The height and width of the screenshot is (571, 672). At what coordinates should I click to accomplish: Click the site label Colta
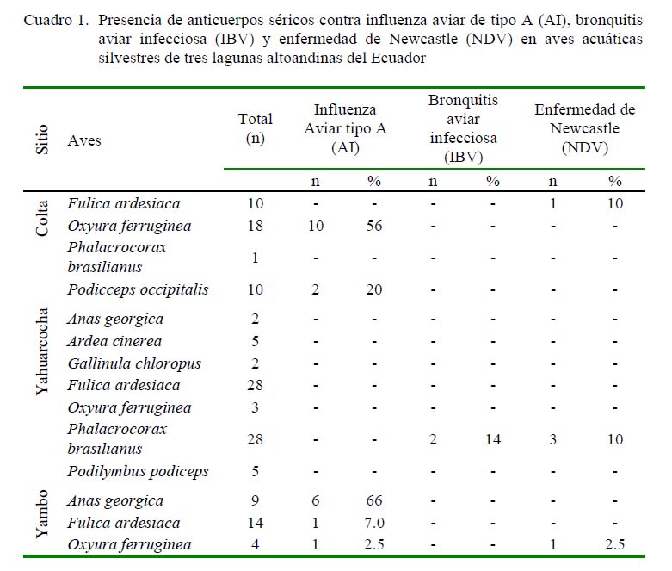[x=42, y=218]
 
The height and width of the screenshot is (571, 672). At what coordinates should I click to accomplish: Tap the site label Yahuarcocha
[x=42, y=351]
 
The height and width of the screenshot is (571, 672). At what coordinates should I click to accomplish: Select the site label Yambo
[x=42, y=514]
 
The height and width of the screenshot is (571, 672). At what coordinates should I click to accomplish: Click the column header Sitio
[x=42, y=140]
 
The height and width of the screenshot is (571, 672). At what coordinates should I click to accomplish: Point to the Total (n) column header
[x=256, y=128]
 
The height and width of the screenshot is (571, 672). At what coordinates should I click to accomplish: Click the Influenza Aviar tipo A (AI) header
[x=345, y=128]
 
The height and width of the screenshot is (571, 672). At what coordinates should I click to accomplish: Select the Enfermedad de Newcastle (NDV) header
[x=585, y=128]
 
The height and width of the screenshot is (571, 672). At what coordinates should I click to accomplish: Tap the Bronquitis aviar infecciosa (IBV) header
[x=463, y=128]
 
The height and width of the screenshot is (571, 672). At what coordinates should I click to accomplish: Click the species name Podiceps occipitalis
[x=138, y=289]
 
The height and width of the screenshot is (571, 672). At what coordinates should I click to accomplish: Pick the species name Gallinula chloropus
[x=134, y=363]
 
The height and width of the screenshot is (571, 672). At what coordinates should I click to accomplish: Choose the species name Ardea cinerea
[x=114, y=341]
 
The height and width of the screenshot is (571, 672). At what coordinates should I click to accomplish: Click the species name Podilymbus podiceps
[x=138, y=471]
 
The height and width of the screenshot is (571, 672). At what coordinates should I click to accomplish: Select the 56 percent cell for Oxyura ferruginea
[x=374, y=226]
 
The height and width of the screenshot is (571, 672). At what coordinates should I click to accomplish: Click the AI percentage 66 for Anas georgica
[x=374, y=500]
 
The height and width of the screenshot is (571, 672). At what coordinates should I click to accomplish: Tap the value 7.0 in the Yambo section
[x=374, y=523]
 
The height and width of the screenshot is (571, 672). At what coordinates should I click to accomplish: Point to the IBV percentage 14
[x=493, y=439]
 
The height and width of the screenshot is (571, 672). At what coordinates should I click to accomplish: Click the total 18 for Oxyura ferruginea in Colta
[x=256, y=226]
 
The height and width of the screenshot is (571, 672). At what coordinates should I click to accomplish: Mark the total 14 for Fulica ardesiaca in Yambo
[x=256, y=523]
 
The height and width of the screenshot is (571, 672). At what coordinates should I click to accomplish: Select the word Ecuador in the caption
[x=398, y=58]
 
